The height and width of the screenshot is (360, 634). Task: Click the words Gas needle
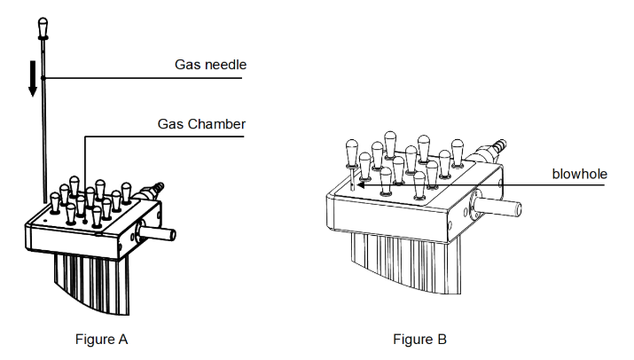pos(210,65)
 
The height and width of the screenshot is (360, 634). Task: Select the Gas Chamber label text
pos(201,124)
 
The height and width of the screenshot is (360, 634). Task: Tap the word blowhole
pos(579,174)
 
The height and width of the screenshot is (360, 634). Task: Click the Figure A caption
pos(101,339)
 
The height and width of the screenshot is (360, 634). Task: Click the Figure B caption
pos(419,339)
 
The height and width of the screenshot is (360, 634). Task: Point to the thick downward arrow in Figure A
pos(33,78)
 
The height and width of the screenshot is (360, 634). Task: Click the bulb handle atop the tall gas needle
pos(43,28)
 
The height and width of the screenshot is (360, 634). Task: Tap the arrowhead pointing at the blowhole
pos(361,184)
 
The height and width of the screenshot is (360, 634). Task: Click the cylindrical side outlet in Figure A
pos(157,233)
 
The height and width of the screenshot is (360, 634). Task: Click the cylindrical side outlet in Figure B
pos(497,207)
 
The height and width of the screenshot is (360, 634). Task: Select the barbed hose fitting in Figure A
pos(152,191)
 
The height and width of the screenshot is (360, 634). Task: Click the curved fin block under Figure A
pos(92,283)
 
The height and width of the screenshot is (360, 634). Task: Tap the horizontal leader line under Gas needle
pos(143,78)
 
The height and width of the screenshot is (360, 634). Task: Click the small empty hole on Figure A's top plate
pos(45,222)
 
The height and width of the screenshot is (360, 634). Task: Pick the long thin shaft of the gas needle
pos(43,121)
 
